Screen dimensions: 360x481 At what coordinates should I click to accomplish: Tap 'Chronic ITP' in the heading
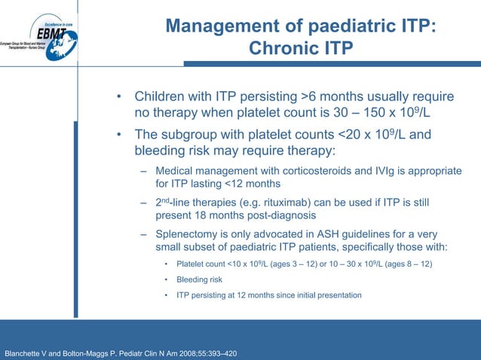[x=300, y=49]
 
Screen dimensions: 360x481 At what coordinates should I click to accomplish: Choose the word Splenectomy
[x=187, y=234]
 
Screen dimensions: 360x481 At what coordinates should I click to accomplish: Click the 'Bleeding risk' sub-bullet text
[x=199, y=279]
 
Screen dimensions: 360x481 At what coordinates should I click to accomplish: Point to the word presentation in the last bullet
[x=337, y=294]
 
